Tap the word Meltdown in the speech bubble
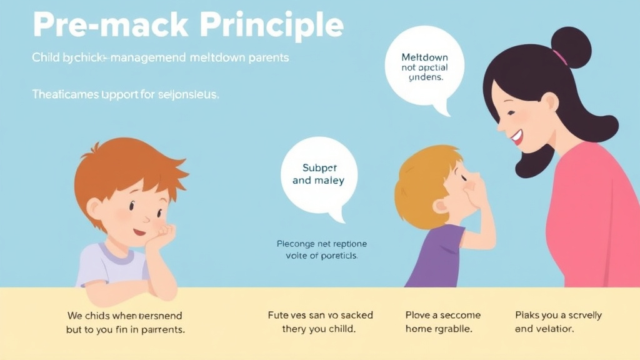click(424, 57)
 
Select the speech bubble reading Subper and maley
click(319, 175)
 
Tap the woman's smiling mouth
click(516, 136)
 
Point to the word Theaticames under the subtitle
click(62, 95)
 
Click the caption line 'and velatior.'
click(544, 328)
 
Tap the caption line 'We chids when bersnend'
click(124, 316)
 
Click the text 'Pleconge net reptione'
click(321, 244)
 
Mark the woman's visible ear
click(549, 101)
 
